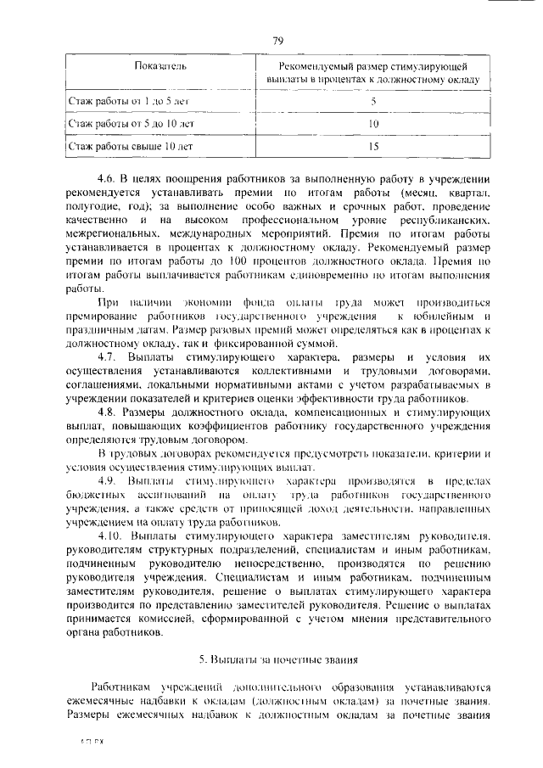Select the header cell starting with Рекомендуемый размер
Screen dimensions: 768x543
pos(372,73)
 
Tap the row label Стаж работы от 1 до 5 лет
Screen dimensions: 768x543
pos(124,102)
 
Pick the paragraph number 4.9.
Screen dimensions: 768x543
pos(107,480)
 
